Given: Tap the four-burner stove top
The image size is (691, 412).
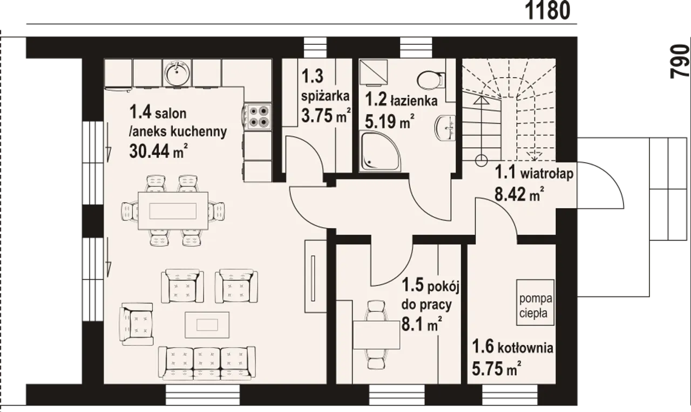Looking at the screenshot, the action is coord(258,116).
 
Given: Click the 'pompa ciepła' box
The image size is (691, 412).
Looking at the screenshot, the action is coord(536,303).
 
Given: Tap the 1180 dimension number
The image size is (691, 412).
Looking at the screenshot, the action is coord(547,11).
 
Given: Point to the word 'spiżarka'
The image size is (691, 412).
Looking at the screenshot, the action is coord(326,96).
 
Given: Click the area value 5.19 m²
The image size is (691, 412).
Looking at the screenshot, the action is coord(389,121).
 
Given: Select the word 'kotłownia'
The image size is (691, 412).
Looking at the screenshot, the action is coord(525,348).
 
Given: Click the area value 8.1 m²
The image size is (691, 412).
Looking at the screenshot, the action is coord(422,324).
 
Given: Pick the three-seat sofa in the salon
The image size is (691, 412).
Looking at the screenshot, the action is coord(207,363).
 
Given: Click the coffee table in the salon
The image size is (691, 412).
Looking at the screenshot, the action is coord(207,325).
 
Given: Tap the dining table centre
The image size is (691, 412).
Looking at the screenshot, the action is coord(173,211).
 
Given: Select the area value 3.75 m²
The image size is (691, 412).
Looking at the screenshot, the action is coord(326,115).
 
